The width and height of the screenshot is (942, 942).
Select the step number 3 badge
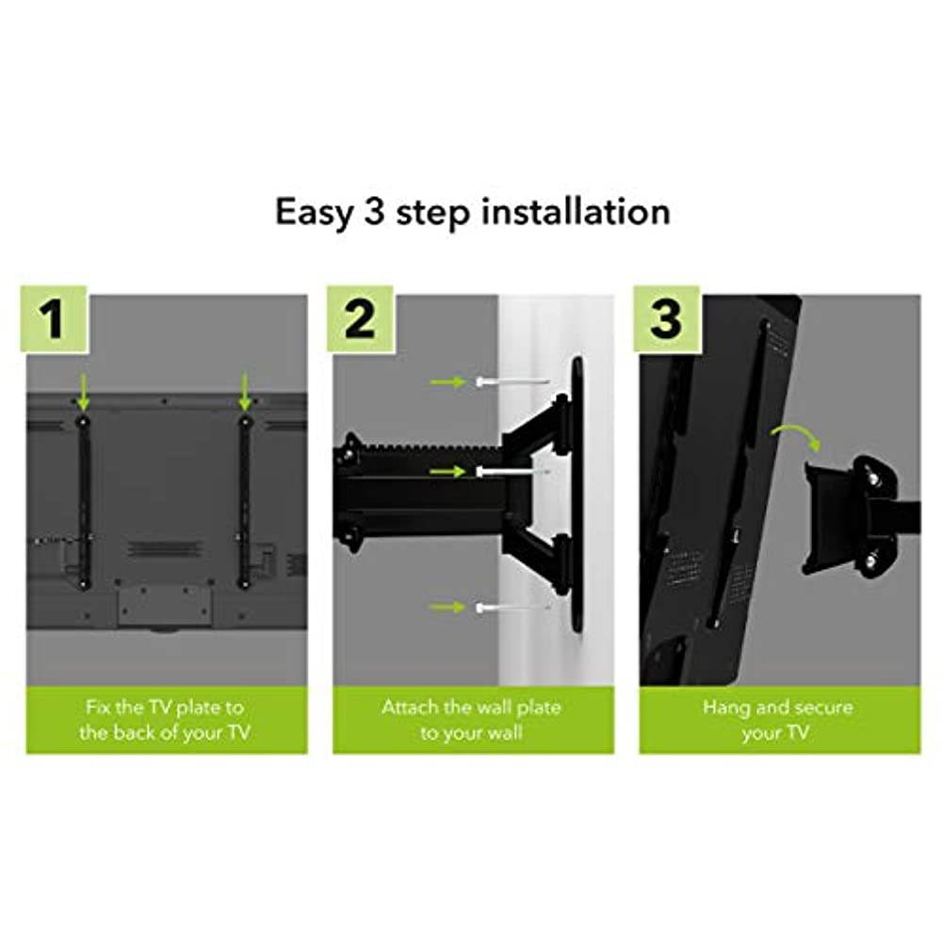(666, 318)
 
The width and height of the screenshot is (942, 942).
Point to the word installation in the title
(576, 211)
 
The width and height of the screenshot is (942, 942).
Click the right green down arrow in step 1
(245, 389)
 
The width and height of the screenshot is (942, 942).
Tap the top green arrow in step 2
(447, 382)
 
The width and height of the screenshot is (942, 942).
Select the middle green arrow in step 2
(447, 471)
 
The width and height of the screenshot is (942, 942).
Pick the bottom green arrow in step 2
(447, 608)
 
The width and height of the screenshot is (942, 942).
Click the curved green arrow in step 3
(795, 436)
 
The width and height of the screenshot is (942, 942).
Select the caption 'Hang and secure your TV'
(779, 720)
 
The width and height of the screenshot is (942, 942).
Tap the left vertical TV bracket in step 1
(84, 499)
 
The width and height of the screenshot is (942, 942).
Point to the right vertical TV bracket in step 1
(245, 499)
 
